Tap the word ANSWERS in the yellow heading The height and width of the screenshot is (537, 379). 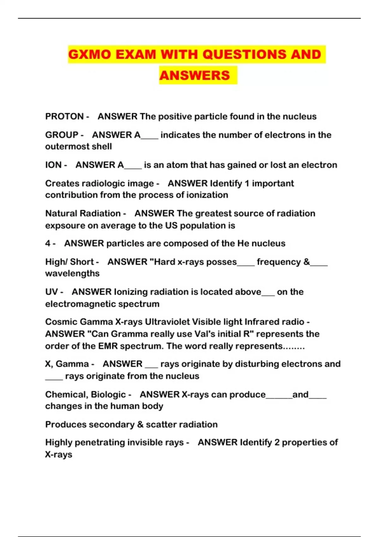(x=195, y=75)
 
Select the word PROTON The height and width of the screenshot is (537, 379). (x=64, y=117)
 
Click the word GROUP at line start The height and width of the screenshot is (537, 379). (x=62, y=135)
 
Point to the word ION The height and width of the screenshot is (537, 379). (x=53, y=165)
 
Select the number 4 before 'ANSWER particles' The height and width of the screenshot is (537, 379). (x=48, y=243)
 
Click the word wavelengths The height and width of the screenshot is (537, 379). (x=72, y=273)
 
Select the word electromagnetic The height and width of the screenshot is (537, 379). (x=80, y=304)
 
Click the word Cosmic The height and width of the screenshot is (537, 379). (x=61, y=322)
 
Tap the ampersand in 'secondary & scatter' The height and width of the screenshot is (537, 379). (x=140, y=425)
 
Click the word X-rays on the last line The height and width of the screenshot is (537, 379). (x=59, y=455)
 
